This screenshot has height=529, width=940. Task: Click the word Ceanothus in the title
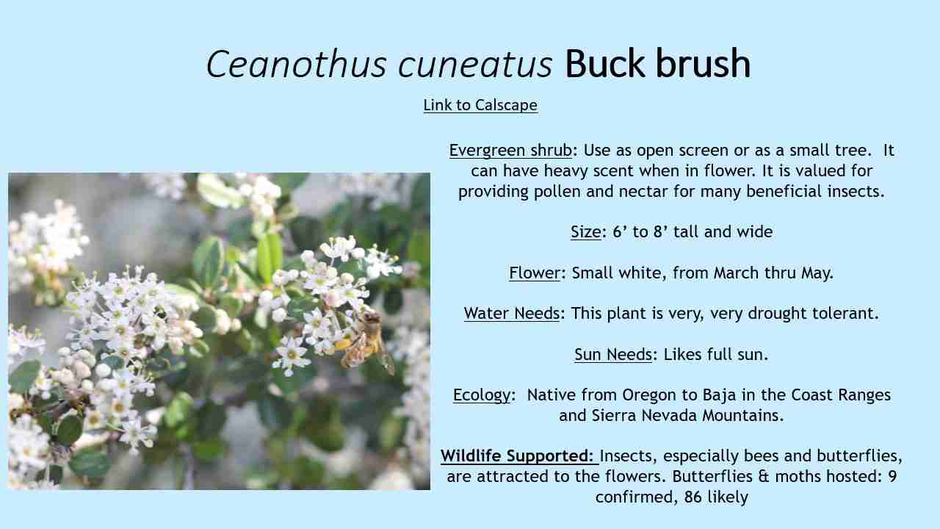coord(296,64)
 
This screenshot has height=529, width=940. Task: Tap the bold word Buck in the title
coord(604,63)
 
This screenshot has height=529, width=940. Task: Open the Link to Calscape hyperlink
coord(480,105)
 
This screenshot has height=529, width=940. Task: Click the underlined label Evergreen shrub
coord(510,151)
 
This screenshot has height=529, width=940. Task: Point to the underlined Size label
coord(586,231)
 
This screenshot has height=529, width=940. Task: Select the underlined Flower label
coord(535,273)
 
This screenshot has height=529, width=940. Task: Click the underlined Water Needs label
coord(512,313)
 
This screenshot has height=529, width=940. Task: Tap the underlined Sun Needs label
coord(613,354)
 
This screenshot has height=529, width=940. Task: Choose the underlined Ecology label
coord(482,395)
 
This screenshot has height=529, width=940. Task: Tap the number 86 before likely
coord(693,497)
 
